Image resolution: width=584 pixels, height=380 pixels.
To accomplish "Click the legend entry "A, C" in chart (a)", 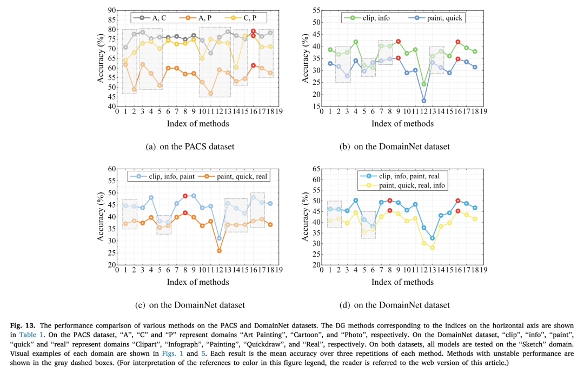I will pos(156,18).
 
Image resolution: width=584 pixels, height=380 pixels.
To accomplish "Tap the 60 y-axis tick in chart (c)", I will pos(112,169).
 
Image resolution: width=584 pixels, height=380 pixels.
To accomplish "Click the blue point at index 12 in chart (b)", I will pos(423,101).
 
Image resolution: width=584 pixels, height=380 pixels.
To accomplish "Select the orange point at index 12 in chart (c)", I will pos(218,251).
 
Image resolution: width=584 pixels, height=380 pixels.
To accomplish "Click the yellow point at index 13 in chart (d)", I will pos(432,248).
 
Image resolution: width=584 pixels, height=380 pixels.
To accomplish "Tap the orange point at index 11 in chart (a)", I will pos(210,94).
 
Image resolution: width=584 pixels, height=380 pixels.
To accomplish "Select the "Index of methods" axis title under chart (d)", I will pos(403,282).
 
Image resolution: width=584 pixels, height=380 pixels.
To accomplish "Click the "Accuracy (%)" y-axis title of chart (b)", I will pos(306,58).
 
